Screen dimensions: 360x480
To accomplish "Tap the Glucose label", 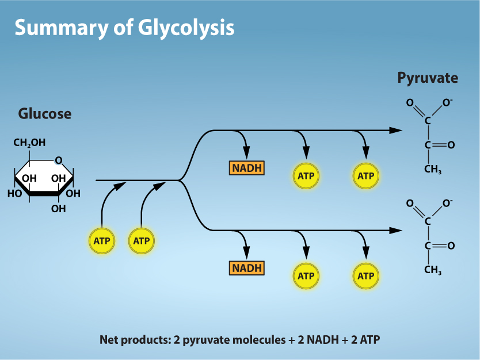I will (x=45, y=113).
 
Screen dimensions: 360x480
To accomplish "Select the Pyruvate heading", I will (x=428, y=78).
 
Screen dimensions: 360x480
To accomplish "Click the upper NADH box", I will (x=247, y=168).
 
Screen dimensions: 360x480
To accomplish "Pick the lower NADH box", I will (x=247, y=268).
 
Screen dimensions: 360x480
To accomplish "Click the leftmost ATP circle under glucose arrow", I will (x=102, y=241).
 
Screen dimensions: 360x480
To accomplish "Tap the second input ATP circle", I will (x=142, y=241).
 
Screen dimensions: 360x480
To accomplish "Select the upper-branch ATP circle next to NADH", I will (x=306, y=176).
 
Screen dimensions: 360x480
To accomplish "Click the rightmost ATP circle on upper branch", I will (x=366, y=176).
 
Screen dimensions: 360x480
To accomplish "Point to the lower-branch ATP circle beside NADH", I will (x=306, y=276).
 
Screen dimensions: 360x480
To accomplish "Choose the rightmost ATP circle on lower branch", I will (x=366, y=276).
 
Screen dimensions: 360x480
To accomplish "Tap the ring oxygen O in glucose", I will (x=59, y=160).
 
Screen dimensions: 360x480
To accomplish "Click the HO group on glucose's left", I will (x=14, y=193).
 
